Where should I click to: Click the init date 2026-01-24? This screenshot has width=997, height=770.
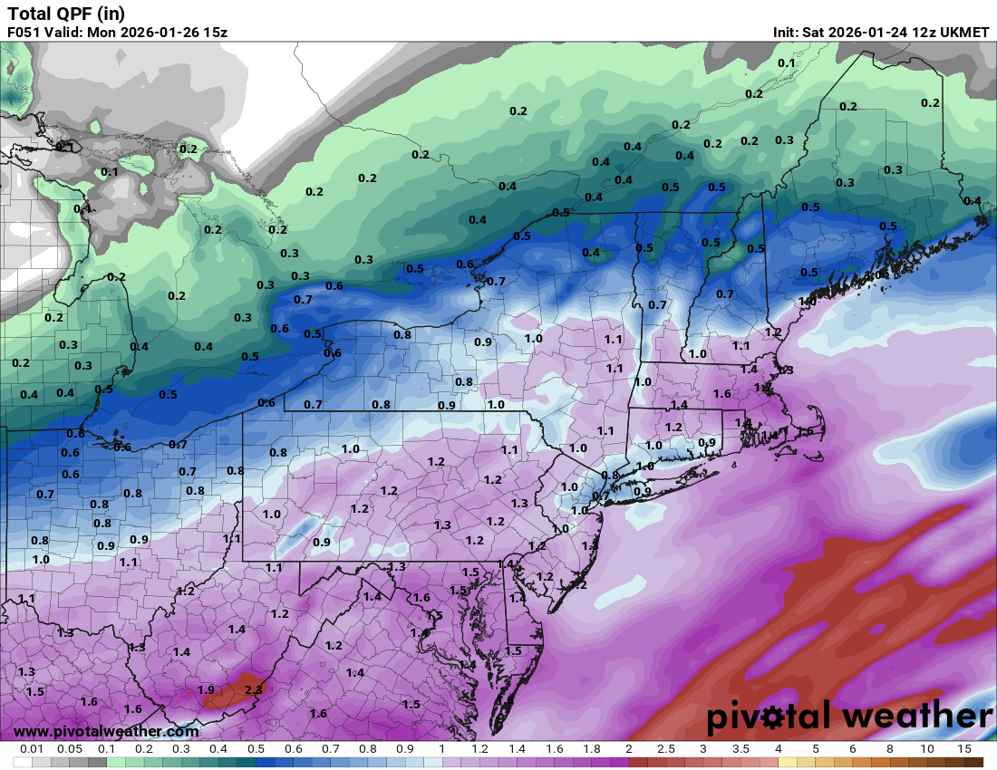879,33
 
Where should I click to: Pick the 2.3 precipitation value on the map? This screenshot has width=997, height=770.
254,689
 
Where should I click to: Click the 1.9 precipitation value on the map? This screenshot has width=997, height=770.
206,690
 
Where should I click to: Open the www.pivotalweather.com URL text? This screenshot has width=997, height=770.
106,731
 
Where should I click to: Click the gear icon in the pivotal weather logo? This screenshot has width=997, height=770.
774,718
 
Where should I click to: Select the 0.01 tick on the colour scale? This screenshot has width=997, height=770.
32,749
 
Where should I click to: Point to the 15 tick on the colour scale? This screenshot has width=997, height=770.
963,749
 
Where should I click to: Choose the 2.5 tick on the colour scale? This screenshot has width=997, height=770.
666,749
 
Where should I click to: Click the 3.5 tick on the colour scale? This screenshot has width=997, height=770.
740,749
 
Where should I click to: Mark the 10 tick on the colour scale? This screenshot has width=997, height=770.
926,749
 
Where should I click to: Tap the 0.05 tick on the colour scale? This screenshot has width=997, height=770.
69,749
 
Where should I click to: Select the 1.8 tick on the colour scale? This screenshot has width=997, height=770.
591,749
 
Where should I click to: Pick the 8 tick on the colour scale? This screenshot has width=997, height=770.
889,749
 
